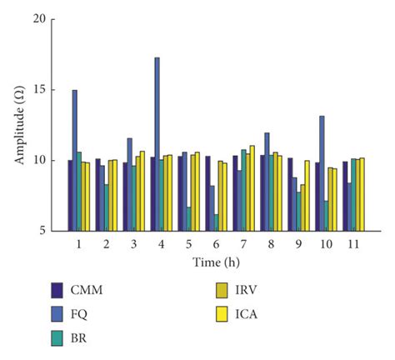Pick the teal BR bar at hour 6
click(217, 222)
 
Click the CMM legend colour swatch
click(57, 291)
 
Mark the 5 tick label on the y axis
click(38, 231)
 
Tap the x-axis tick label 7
click(241, 246)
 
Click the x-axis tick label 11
click(350, 246)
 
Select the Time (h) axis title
click(213, 262)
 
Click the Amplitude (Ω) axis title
click(18, 125)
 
